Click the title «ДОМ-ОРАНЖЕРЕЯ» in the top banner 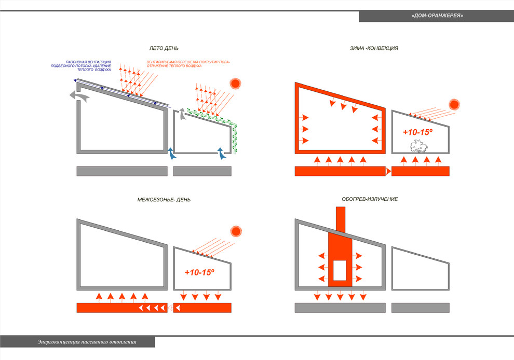pos(437,16)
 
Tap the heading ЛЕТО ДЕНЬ pos(164,48)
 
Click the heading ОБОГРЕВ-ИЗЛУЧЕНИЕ pos(370,199)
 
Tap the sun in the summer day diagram pos(236,83)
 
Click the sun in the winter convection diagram pos(455,104)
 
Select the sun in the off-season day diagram pos(236,231)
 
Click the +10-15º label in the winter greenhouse pos(417,132)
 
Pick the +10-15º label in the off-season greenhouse pos(199,272)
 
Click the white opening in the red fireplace pos(340,270)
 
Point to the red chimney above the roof pos(341,218)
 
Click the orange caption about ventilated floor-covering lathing pos(188,64)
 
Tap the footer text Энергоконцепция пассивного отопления pos(87,342)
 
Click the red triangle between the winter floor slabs pos(388,171)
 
